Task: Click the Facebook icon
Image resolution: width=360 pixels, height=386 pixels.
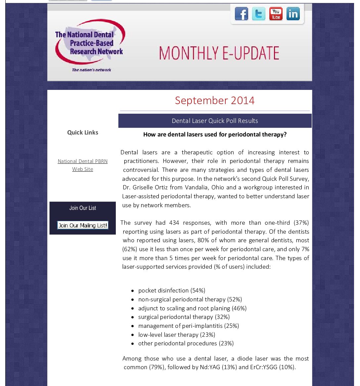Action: click(x=242, y=14)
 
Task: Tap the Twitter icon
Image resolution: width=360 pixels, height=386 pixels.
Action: click(x=258, y=14)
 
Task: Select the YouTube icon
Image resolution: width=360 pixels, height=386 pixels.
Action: click(x=276, y=14)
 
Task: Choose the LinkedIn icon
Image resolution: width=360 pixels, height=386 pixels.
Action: click(x=293, y=14)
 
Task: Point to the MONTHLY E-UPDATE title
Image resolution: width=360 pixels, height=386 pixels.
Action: click(x=219, y=53)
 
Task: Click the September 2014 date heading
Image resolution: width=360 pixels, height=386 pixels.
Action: click(x=215, y=100)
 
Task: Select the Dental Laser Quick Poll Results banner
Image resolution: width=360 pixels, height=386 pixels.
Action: click(x=215, y=121)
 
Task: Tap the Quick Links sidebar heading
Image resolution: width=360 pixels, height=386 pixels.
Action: click(x=83, y=133)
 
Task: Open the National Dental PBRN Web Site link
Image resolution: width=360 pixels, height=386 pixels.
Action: click(x=83, y=165)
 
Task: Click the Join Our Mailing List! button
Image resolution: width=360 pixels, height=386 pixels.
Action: click(x=83, y=225)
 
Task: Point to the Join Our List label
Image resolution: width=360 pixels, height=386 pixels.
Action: click(x=83, y=208)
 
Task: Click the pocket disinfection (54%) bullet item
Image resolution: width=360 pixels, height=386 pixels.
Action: click(x=172, y=290)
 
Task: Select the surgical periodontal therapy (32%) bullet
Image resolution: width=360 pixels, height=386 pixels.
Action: click(x=184, y=317)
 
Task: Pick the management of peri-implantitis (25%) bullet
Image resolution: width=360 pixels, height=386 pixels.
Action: click(x=188, y=326)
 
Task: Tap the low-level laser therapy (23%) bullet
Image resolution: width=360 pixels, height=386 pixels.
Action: click(x=177, y=335)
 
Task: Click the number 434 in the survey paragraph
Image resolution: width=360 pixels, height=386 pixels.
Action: click(x=174, y=223)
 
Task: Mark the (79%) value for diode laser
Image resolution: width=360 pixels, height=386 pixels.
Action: click(x=157, y=367)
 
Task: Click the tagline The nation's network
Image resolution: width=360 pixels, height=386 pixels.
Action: click(x=92, y=70)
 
